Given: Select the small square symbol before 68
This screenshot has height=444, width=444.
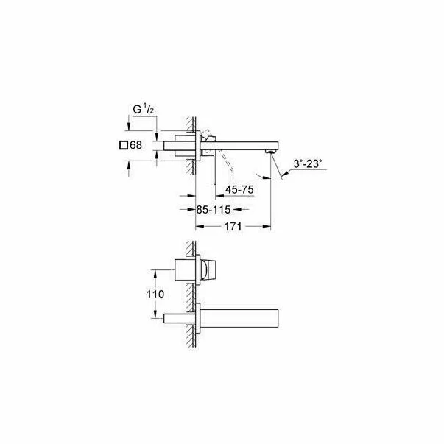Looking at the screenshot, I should [x=123, y=145].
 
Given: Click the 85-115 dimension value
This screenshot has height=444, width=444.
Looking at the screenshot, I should [x=214, y=209].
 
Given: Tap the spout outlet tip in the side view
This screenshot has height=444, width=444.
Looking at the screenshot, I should [x=274, y=149].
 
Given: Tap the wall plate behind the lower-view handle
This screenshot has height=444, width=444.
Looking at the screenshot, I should [x=197, y=270].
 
